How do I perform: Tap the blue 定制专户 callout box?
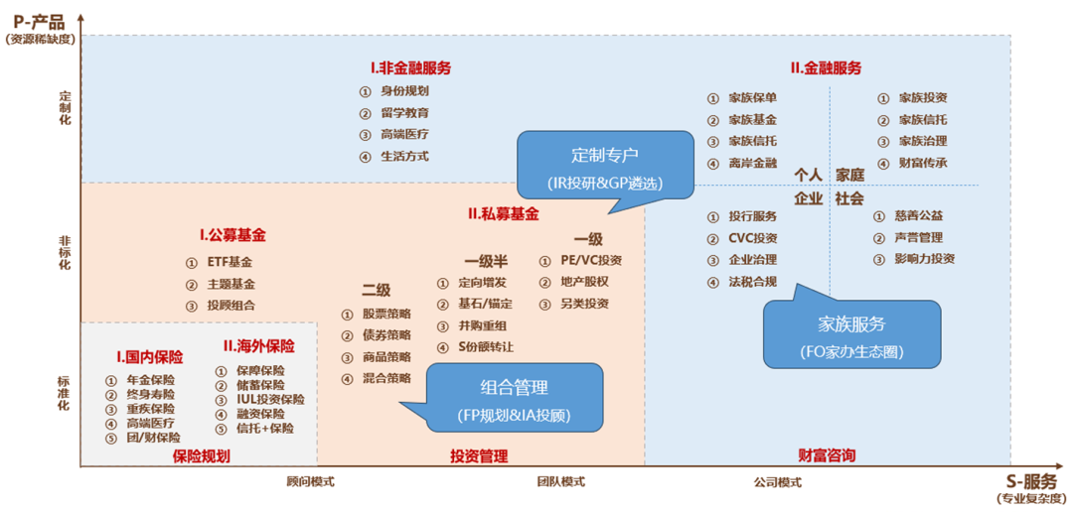coord(604,168)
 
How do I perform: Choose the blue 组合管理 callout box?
coord(515,398)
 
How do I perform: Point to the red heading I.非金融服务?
coord(410,68)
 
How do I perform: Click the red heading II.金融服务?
coord(826,68)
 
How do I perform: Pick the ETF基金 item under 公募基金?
coord(230,263)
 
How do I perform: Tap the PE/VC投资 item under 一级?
coord(591,261)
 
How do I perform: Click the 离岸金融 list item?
coord(752,164)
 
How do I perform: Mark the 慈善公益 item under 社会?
coord(918,216)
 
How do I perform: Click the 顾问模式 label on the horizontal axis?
coord(310,482)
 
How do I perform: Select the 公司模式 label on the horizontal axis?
coord(777,482)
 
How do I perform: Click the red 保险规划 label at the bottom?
coord(201,456)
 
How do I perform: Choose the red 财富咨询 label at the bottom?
coord(827,456)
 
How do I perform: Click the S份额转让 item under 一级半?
coord(486,347)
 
